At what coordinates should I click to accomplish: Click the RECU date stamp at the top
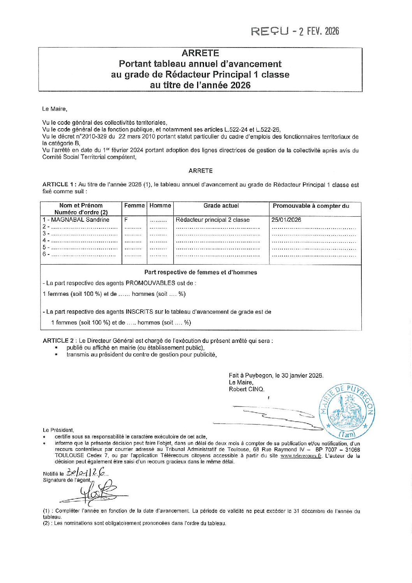(295, 31)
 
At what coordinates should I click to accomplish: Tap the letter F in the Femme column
(126, 220)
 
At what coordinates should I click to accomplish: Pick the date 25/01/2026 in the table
(286, 220)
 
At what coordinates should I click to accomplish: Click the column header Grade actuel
(221, 206)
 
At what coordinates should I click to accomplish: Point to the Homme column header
(160, 206)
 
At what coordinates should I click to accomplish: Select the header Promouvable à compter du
(311, 206)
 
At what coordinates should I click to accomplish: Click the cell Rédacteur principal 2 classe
(213, 220)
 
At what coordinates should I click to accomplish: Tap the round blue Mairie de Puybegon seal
(347, 411)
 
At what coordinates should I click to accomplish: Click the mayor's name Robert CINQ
(246, 389)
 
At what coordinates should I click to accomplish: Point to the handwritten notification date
(86, 472)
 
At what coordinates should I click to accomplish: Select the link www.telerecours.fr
(301, 456)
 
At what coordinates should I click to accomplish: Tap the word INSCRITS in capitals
(139, 312)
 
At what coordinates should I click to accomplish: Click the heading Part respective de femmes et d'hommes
(201, 272)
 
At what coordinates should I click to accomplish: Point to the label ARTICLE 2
(58, 341)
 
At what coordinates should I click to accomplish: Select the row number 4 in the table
(44, 240)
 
